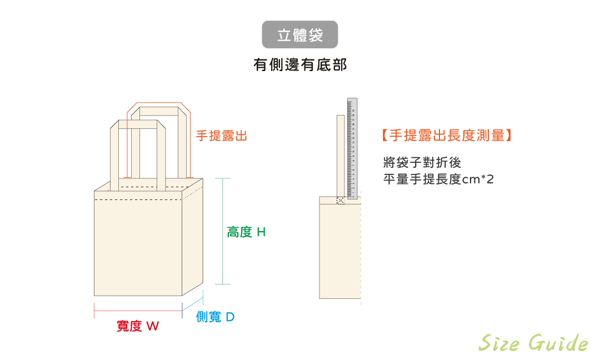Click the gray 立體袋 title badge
click(x=300, y=35)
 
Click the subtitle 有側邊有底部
click(x=300, y=66)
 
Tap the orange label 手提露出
click(x=221, y=136)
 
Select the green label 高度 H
click(x=246, y=232)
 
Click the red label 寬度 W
click(x=138, y=326)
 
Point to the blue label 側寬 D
click(x=215, y=317)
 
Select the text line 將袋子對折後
click(x=422, y=163)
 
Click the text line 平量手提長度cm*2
click(x=438, y=179)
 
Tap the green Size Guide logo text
click(x=533, y=343)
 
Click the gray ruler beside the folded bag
click(x=352, y=148)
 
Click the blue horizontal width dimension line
click(x=138, y=311)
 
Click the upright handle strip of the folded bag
click(x=341, y=156)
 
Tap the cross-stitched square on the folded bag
click(x=341, y=200)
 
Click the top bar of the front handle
click(x=138, y=124)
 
